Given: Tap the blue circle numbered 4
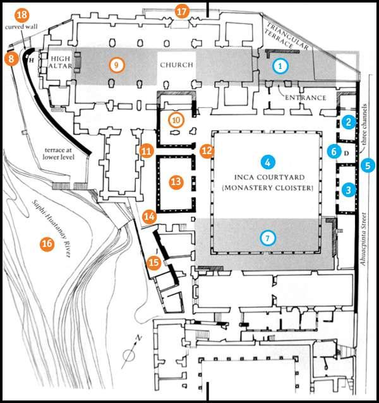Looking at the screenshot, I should coord(268,162).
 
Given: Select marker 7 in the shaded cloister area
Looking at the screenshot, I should coord(268,238).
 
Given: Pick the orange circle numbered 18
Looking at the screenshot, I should coord(21,15).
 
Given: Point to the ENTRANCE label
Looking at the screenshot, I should coord(305,98).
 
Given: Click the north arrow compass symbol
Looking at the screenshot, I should coord(130,354).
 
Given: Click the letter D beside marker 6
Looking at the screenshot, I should coord(346,152).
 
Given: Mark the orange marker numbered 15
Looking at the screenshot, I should coord(153,262).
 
